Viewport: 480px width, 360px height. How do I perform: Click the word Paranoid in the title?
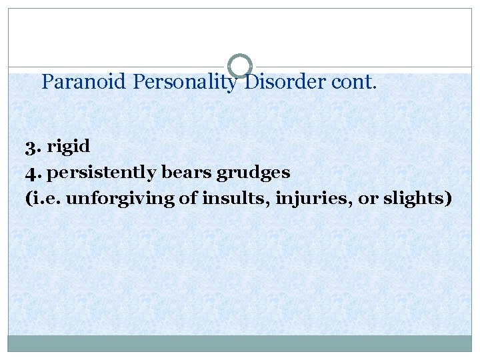click(84, 82)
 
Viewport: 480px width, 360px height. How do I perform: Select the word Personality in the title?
click(185, 82)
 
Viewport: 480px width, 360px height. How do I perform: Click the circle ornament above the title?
click(240, 65)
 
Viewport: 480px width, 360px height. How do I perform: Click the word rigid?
click(69, 146)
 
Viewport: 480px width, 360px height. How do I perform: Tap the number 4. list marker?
click(33, 173)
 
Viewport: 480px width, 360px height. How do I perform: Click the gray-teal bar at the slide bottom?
click(240, 343)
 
